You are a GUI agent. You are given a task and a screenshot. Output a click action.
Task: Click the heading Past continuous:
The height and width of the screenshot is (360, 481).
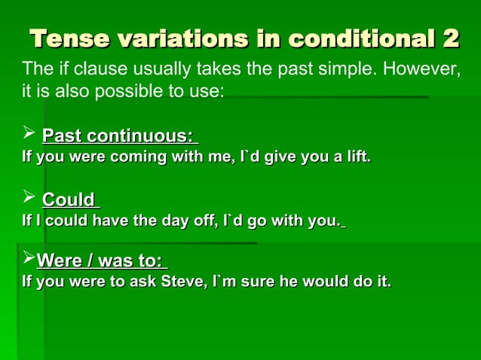point(119,137)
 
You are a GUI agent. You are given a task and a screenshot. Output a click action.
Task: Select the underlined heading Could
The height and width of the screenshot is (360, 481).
point(69,200)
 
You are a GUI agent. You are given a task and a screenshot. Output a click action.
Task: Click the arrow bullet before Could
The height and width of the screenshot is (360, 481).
point(28,199)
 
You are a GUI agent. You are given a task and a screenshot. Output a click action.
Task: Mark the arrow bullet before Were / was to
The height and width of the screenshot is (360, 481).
point(28,261)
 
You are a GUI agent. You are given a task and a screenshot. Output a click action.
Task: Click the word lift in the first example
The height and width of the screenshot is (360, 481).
point(356,157)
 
